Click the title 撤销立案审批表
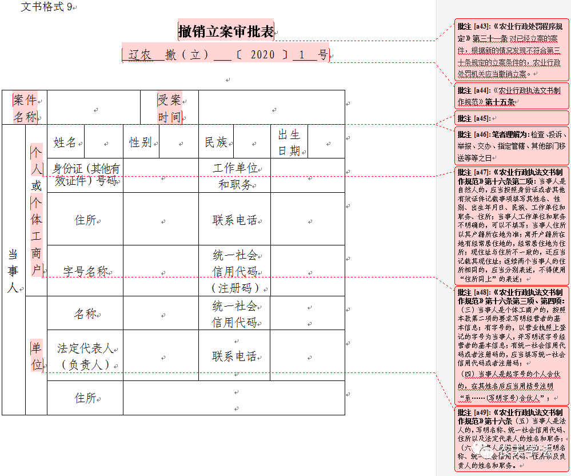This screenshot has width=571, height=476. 226,31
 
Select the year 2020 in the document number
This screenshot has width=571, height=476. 263,55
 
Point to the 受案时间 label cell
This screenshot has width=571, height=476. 170,108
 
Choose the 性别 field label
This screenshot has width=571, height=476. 141,142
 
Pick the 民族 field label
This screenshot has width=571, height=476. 216,142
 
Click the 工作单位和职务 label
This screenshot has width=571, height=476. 235,176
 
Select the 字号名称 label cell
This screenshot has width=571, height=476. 85,271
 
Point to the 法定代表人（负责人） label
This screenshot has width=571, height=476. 85,356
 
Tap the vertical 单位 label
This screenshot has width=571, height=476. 37,356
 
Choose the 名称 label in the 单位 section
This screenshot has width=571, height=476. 85,314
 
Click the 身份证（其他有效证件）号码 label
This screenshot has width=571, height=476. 85,174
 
